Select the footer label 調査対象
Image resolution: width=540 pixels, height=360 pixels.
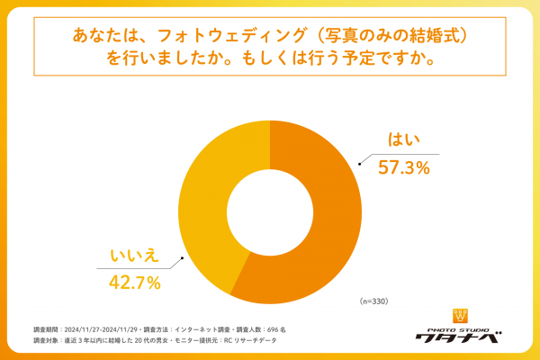coord(48,342)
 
